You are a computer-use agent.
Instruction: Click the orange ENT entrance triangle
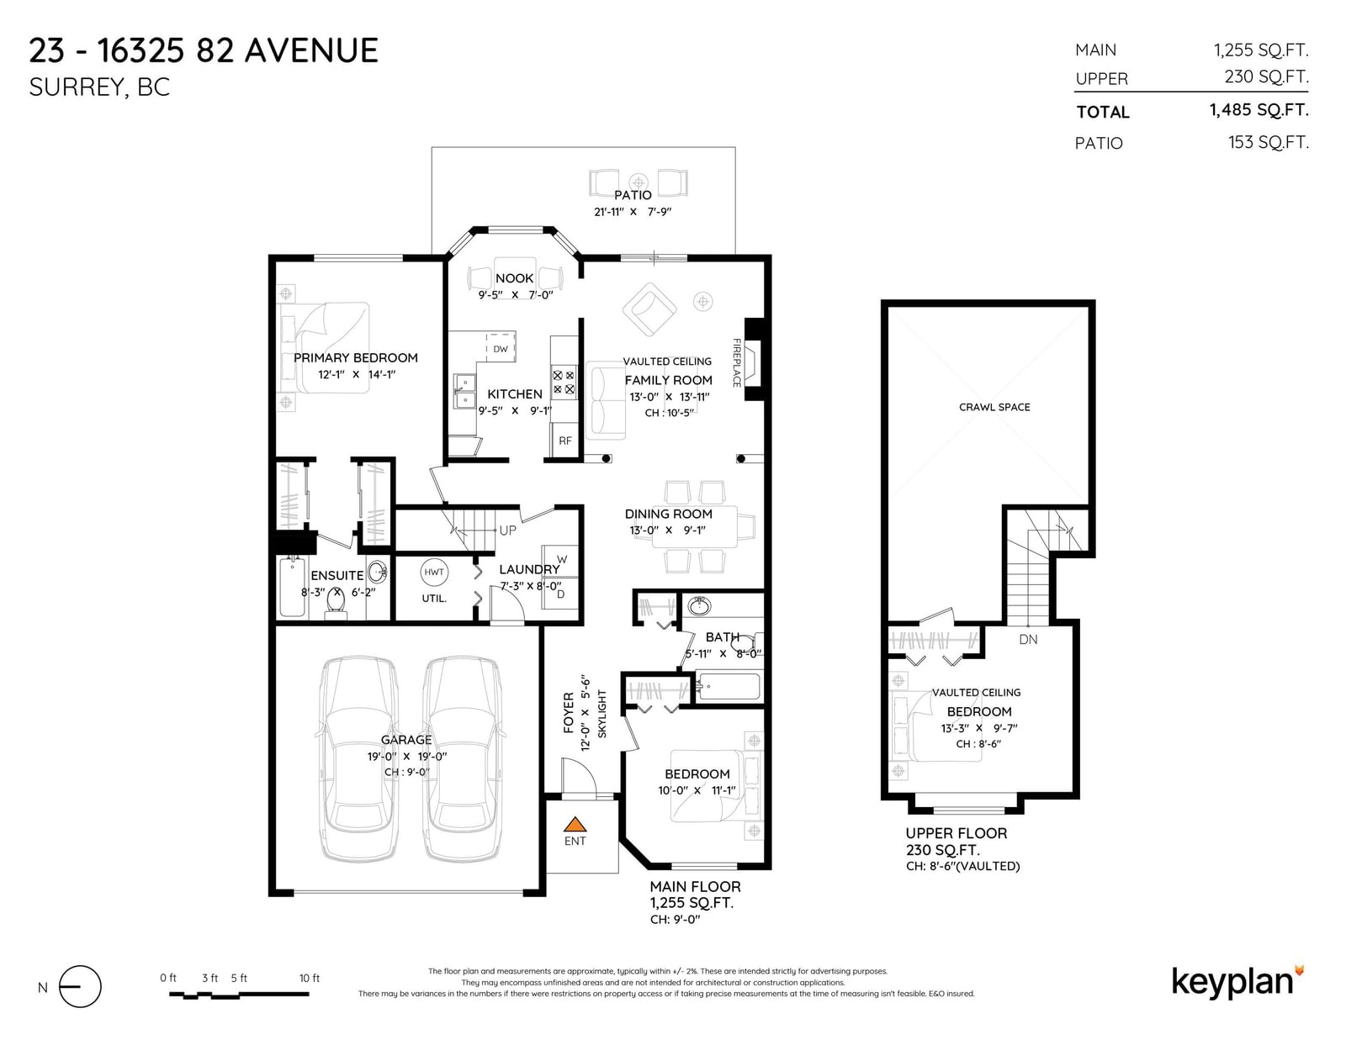tap(575, 824)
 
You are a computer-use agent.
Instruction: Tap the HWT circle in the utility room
tap(433, 572)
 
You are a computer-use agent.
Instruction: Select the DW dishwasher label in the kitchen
tap(501, 349)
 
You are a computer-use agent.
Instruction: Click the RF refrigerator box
tap(565, 441)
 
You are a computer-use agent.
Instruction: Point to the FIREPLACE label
tap(736, 362)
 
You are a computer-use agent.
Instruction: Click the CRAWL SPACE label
tap(994, 407)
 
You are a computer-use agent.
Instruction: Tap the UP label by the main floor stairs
tap(507, 531)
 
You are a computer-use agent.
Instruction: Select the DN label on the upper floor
tap(1028, 640)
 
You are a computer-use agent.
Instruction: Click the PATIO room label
tap(633, 195)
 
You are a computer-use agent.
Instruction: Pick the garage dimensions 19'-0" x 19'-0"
tap(407, 756)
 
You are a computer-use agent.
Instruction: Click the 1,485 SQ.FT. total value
tap(1259, 109)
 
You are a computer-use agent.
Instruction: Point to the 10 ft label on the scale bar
tap(309, 978)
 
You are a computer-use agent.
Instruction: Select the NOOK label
tap(514, 278)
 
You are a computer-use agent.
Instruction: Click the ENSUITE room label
tap(337, 576)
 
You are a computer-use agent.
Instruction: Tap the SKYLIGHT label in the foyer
tap(602, 714)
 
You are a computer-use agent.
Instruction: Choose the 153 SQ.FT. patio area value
tap(1269, 142)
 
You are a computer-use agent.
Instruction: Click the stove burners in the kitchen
tap(563, 383)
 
